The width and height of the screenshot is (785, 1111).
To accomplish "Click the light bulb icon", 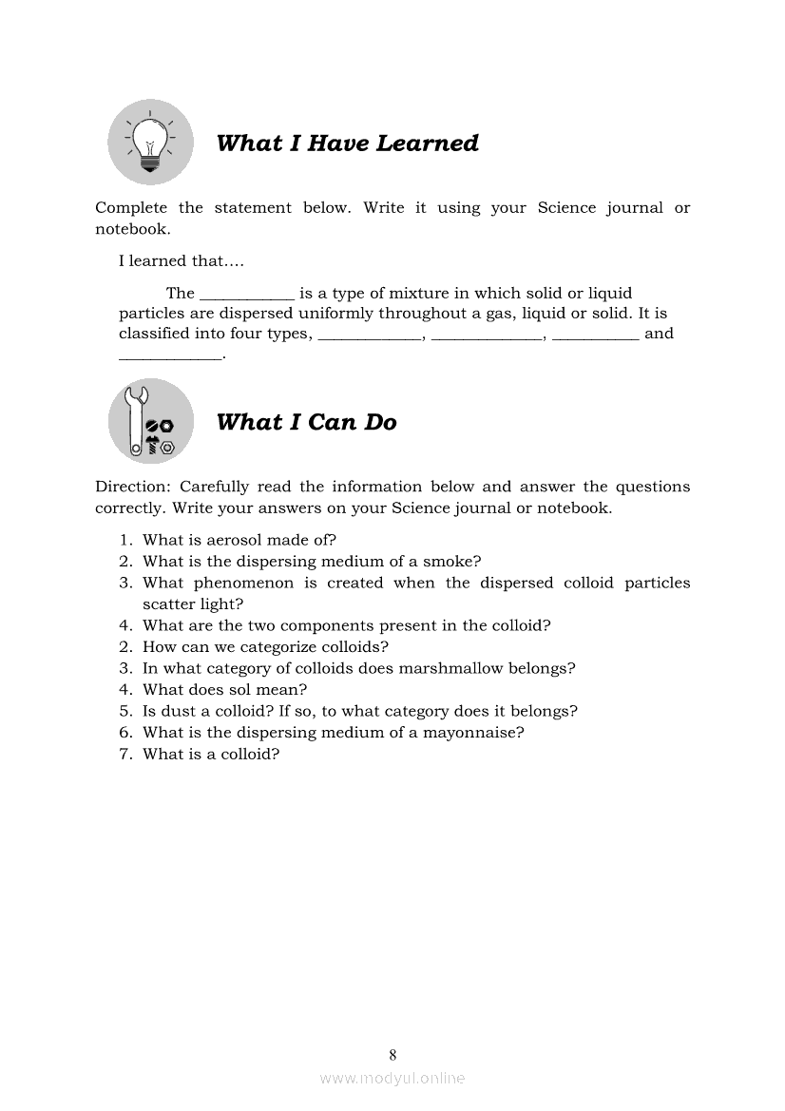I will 150,143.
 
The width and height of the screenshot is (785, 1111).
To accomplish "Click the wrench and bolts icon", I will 150,421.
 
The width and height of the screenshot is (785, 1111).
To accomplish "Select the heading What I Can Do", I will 306,422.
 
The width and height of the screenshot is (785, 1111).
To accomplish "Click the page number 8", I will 392,1054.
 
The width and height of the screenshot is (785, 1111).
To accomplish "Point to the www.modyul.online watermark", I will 392,1078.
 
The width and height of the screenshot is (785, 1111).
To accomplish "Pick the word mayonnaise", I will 473,733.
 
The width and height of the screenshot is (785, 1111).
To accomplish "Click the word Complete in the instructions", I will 131,208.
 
